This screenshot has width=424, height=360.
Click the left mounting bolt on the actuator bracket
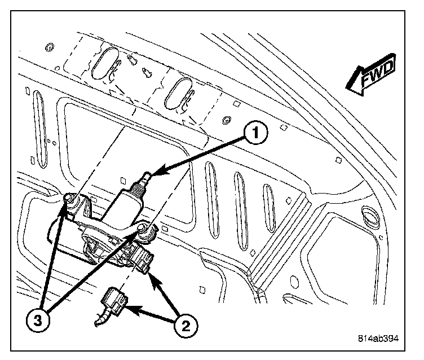[69, 197]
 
